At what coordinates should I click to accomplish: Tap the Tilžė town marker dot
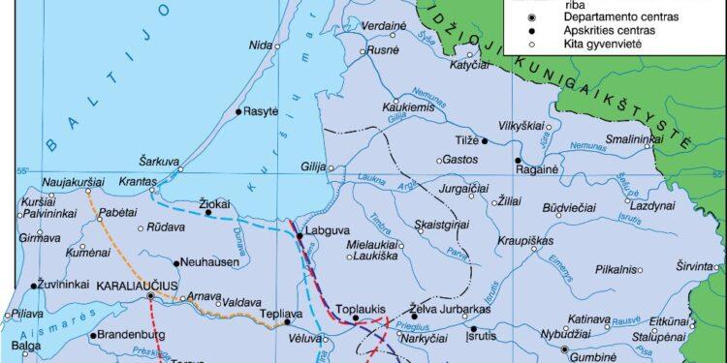[x=486, y=141]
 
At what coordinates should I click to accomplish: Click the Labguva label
[x=323, y=231]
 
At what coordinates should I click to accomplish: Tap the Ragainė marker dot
[x=518, y=161]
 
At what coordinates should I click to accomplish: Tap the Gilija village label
[x=312, y=166]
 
